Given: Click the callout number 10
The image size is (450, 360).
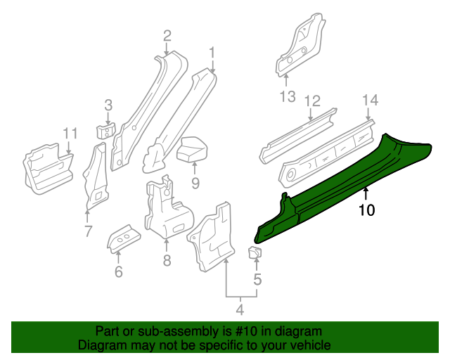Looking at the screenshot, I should pyautogui.click(x=367, y=210).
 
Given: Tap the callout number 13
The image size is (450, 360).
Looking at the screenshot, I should pyautogui.click(x=288, y=97).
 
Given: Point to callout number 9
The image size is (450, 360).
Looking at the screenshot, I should pyautogui.click(x=195, y=184).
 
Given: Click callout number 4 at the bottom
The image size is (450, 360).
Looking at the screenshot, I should pyautogui.click(x=239, y=309).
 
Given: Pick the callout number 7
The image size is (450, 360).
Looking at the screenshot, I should pyautogui.click(x=87, y=230).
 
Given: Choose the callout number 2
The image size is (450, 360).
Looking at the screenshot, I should pyautogui.click(x=167, y=35).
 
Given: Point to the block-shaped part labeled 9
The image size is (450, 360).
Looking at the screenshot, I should pyautogui.click(x=191, y=149).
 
